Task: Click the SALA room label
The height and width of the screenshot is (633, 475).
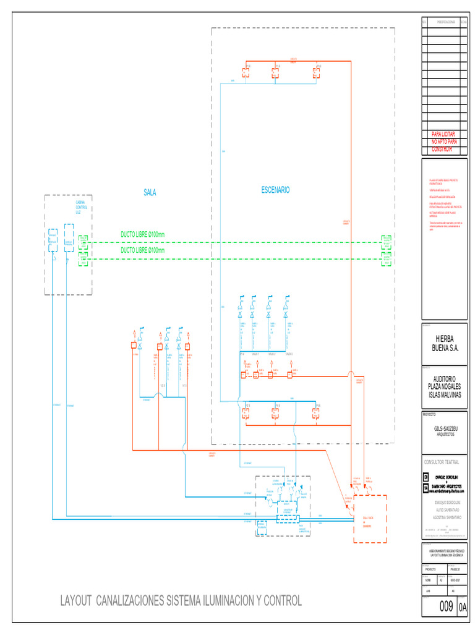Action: [150, 193]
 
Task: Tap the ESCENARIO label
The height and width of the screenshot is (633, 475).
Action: [275, 190]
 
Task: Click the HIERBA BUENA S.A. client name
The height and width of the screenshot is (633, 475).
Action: [444, 344]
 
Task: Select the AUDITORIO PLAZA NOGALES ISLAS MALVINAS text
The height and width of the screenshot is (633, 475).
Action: [444, 386]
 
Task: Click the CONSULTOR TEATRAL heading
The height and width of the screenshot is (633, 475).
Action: [442, 462]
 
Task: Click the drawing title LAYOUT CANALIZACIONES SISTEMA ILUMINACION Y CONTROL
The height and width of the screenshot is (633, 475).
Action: [181, 600]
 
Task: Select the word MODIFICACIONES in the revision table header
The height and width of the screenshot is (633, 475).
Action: [443, 22]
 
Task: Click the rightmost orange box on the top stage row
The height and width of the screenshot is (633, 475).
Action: [317, 72]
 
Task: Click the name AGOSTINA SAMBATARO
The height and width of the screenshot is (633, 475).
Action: [444, 516]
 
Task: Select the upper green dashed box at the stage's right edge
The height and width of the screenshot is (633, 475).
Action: [387, 240]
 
